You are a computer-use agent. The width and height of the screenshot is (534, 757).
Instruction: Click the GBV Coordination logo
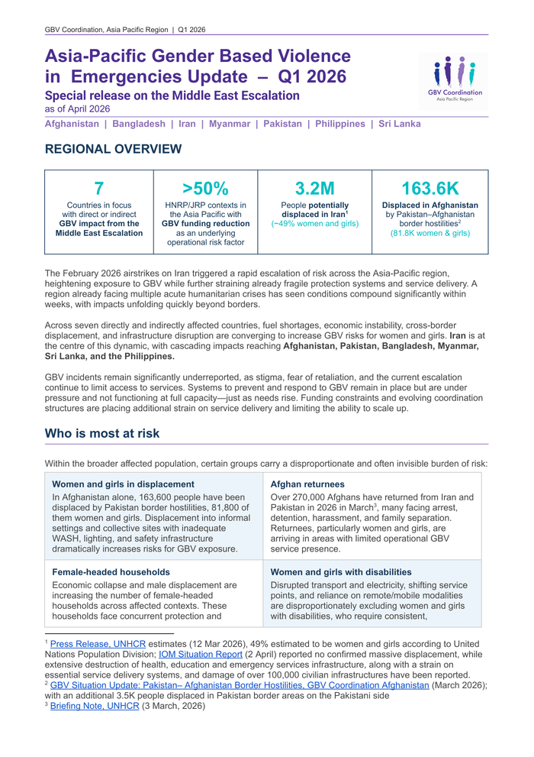coord(455,79)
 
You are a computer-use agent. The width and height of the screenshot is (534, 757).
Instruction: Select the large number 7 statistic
coord(98,189)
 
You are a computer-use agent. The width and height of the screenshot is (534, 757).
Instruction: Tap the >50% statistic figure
coord(206,189)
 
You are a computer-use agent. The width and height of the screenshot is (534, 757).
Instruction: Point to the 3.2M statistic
coord(314,189)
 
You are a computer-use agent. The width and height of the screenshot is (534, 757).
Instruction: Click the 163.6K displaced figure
coord(429,189)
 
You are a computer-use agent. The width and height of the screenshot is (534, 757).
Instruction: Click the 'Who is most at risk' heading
coord(102,434)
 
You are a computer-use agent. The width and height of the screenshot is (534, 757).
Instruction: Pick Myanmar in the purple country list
coord(230,124)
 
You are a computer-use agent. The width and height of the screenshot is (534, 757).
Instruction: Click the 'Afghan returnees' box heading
coord(307,484)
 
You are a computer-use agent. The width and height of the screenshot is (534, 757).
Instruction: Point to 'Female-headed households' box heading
coord(111,571)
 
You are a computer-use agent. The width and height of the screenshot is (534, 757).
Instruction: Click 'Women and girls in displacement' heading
coord(123,484)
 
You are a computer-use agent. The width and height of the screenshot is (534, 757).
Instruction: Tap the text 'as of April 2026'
coord(77,109)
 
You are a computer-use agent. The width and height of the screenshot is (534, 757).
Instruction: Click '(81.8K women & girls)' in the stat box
coord(429,232)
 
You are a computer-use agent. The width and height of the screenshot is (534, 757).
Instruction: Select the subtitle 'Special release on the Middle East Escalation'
coord(172,95)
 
